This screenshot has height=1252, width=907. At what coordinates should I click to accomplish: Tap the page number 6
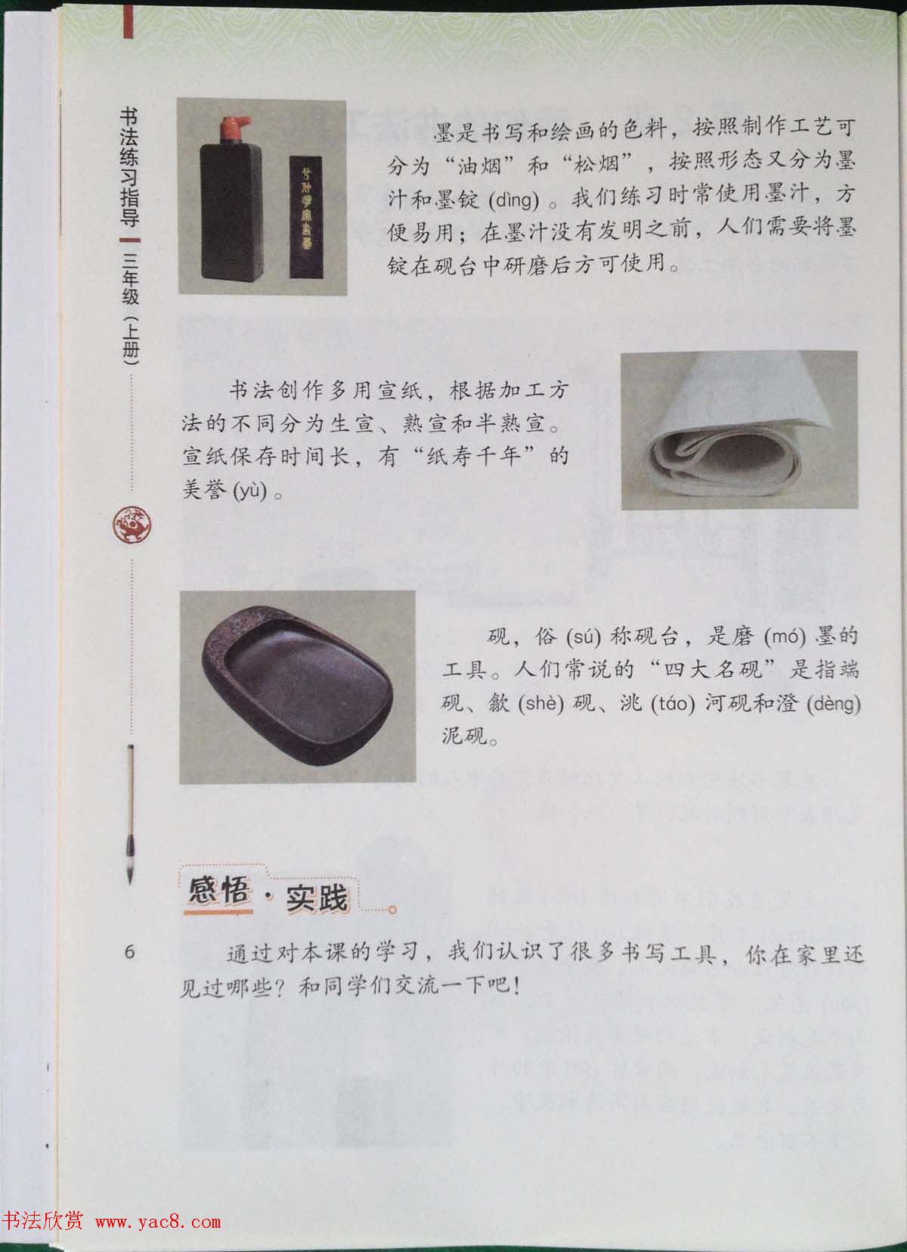click(129, 952)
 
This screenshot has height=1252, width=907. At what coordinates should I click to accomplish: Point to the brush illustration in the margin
click(132, 813)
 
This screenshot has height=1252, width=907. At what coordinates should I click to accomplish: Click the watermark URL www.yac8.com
click(158, 1221)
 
